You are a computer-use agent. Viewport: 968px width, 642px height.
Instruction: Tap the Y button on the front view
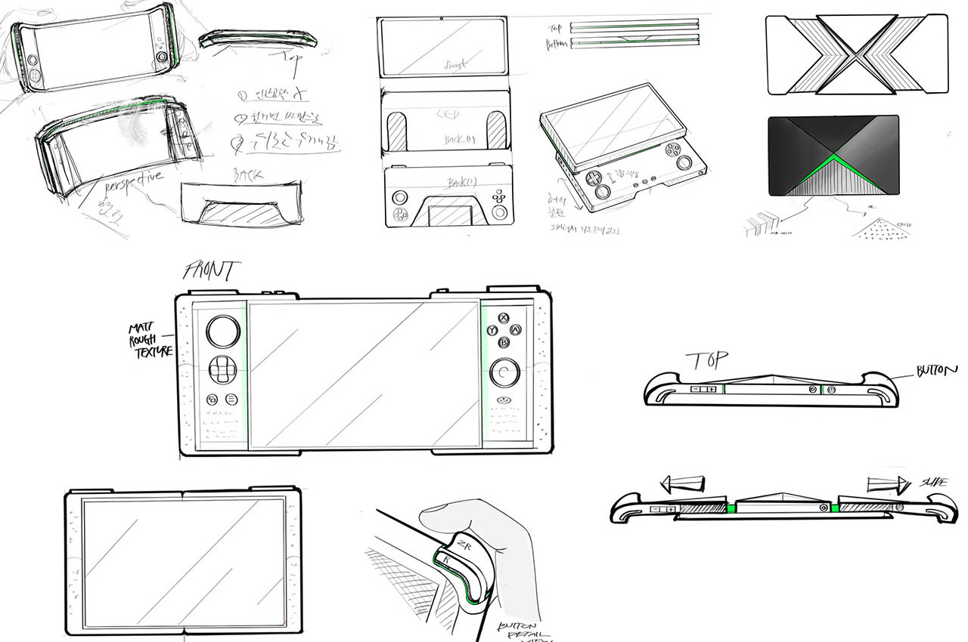coord(493,330)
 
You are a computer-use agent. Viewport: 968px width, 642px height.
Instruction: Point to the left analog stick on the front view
coord(223,332)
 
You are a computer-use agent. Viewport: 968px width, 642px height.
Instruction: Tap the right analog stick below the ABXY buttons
coord(504,373)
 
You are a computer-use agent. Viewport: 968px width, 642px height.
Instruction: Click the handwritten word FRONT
coord(213,270)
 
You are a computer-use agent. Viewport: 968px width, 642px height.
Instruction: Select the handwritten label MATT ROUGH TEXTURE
coord(150,340)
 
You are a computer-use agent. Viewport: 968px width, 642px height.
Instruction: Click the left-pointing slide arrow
coord(682,483)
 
